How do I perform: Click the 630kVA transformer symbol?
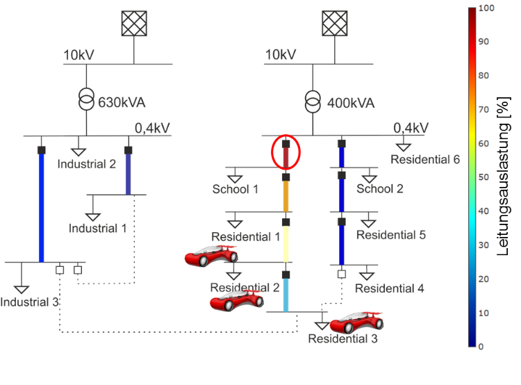tap(86, 99)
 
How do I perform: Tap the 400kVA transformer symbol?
tap(313, 101)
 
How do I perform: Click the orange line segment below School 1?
tap(286, 196)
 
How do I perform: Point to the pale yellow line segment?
tap(286, 244)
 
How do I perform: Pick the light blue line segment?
tap(286, 295)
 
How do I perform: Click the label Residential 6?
tap(425, 160)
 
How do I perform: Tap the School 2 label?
tap(380, 189)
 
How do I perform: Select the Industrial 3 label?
tap(30, 302)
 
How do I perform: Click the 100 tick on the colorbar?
tap(486, 8)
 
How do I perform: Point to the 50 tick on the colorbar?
tap(483, 177)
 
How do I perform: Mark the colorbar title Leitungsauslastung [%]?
tap(504, 177)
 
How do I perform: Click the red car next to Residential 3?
tap(356, 322)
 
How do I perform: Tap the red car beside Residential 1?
tap(211, 256)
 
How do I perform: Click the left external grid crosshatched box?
tap(134, 23)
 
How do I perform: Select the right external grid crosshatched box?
tap(335, 23)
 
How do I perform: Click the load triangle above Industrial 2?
tap(78, 152)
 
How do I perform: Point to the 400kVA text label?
tap(351, 103)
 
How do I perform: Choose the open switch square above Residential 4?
tap(342, 274)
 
